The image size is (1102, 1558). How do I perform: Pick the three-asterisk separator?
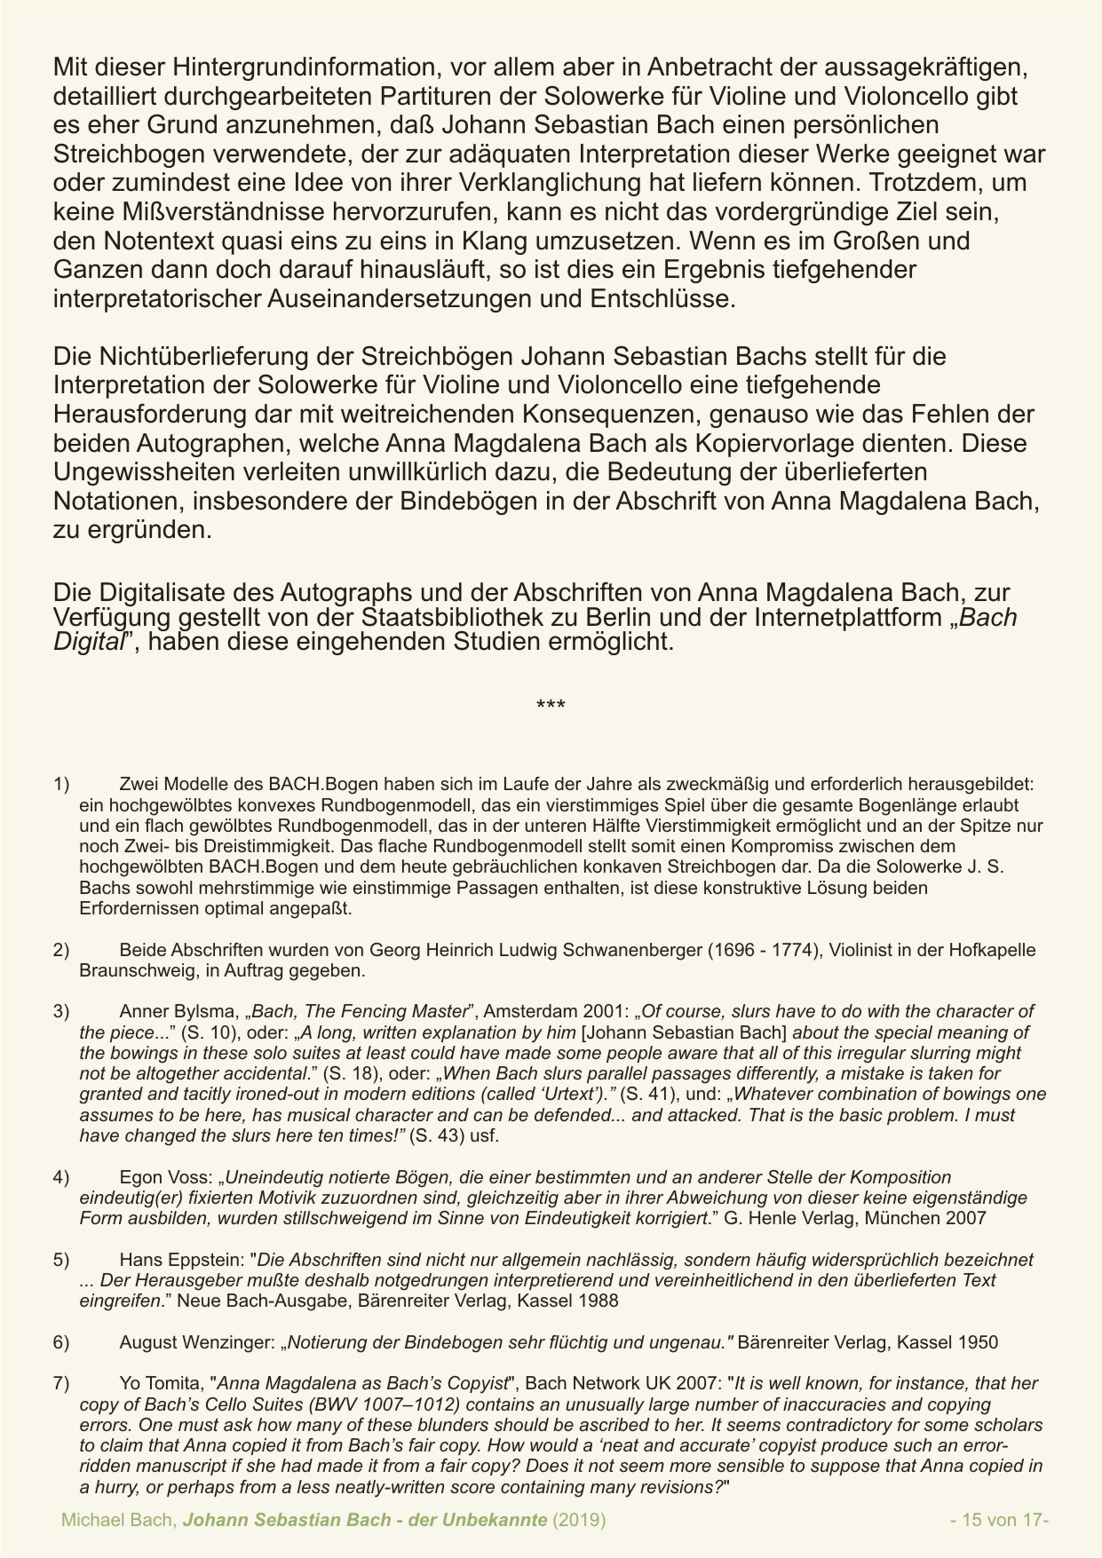click(x=551, y=707)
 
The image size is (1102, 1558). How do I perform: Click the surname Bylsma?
click(x=209, y=1011)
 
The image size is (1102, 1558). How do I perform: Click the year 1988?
click(x=599, y=1301)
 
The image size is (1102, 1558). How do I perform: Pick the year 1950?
click(x=979, y=1342)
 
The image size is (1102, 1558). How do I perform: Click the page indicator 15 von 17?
click(x=999, y=1520)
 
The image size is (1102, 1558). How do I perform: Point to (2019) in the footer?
click(x=579, y=1520)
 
